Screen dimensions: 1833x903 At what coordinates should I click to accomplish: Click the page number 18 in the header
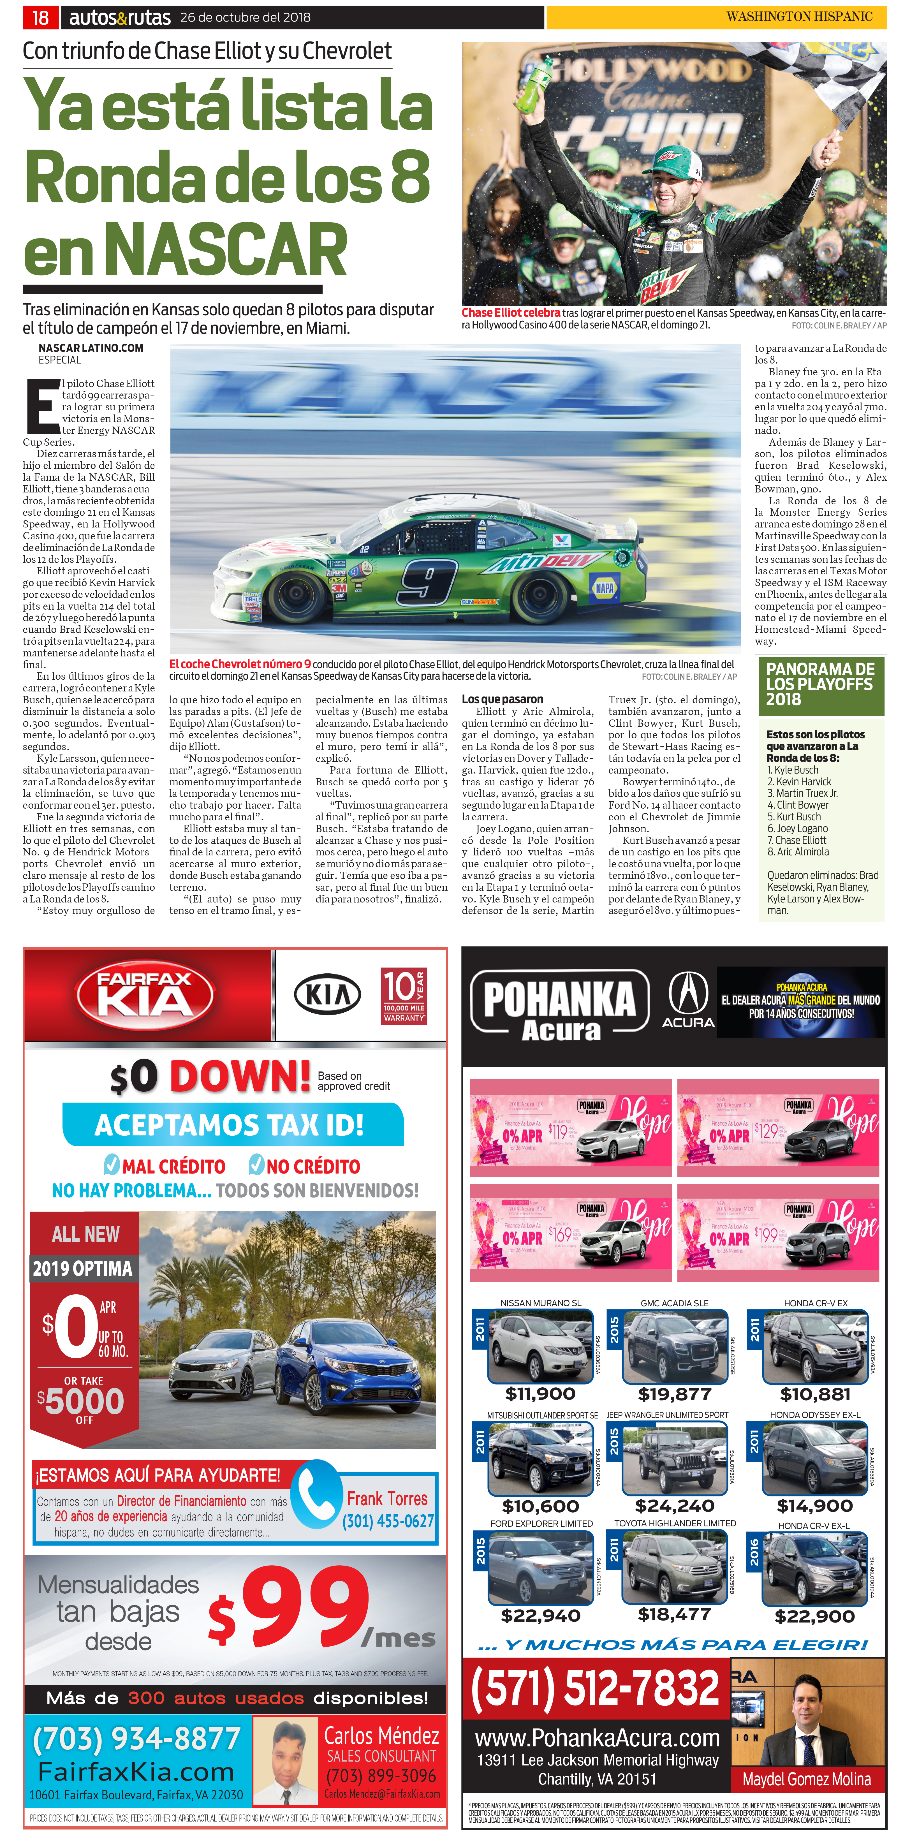[41, 17]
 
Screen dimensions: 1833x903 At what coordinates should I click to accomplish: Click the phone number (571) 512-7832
[595, 1687]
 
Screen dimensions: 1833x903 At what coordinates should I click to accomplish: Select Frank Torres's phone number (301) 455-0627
[388, 1520]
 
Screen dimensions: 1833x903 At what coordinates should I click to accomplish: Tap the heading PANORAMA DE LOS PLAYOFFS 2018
[820, 684]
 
